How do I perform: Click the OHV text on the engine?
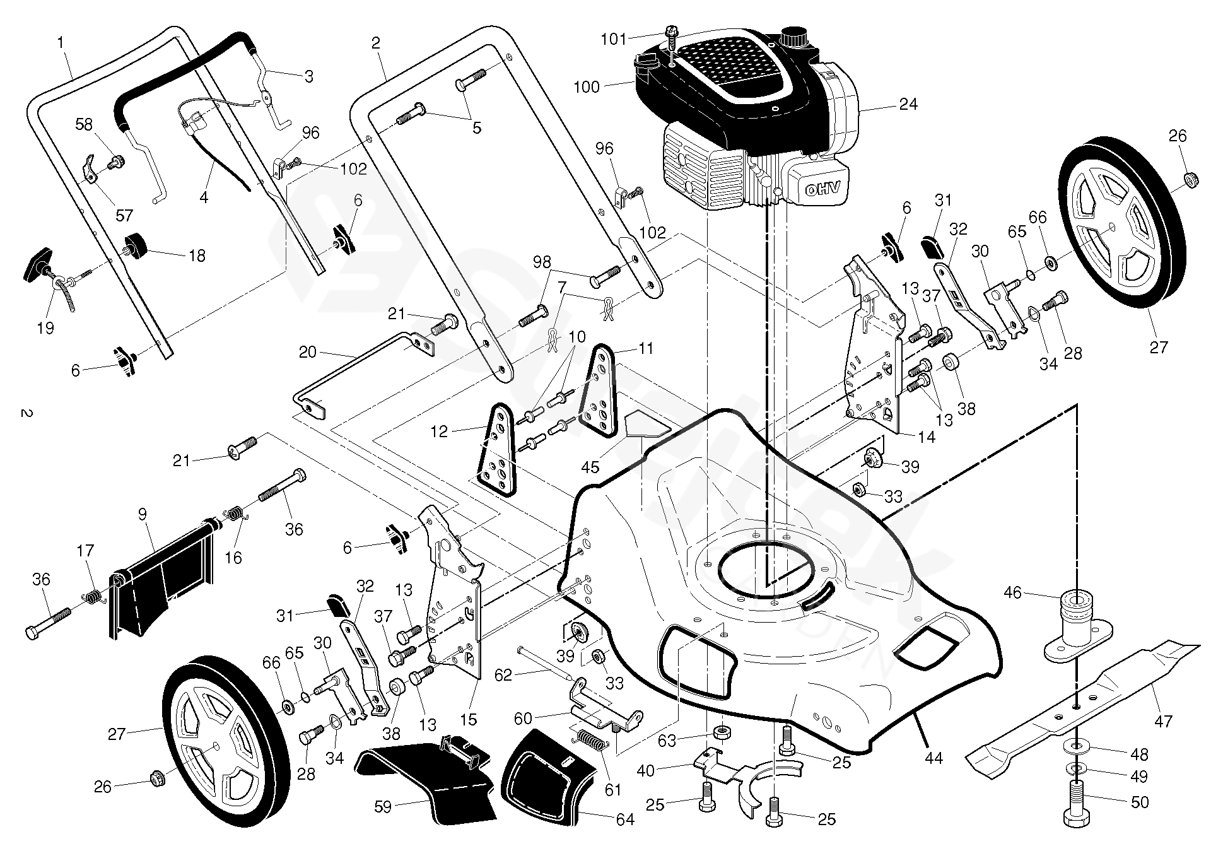point(822,187)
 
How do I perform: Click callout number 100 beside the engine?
point(587,86)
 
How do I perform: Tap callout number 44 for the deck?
point(933,758)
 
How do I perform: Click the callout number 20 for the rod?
point(307,352)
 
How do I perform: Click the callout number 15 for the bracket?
point(468,719)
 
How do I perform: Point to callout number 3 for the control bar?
point(308,76)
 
